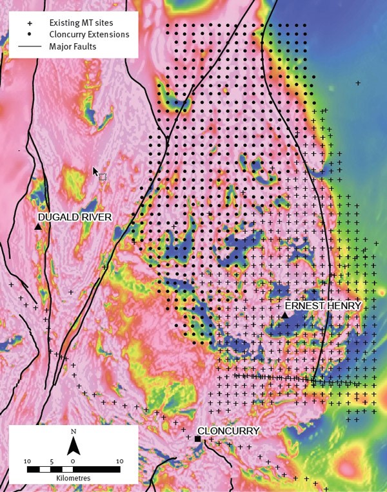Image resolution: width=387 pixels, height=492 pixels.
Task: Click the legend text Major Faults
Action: click(73, 46)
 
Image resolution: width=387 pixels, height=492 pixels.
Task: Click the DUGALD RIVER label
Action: click(74, 217)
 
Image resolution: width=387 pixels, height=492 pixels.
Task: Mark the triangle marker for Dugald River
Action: click(38, 227)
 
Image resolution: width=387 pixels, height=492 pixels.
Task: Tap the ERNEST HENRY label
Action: click(323, 305)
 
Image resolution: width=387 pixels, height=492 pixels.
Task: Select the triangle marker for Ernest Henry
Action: click(284, 315)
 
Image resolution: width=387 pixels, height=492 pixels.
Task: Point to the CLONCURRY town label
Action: click(228, 431)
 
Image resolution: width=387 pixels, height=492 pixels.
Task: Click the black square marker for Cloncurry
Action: click(197, 439)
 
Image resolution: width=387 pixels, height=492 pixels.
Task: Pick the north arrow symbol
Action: click(74, 445)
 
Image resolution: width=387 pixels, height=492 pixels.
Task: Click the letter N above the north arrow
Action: click(74, 431)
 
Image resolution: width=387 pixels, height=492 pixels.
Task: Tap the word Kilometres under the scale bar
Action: click(73, 480)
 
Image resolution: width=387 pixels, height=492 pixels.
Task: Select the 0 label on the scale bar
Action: click(73, 461)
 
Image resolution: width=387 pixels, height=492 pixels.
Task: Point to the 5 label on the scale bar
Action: click(50, 461)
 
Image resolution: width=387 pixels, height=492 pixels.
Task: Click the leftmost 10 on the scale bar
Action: click(27, 461)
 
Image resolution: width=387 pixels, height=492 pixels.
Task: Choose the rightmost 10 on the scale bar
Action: click(119, 461)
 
